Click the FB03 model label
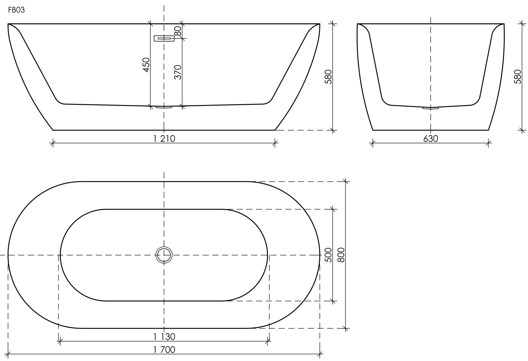click(16, 10)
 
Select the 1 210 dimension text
click(164, 138)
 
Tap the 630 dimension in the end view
click(430, 138)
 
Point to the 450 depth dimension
click(146, 65)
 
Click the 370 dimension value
click(178, 72)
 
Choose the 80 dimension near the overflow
click(178, 31)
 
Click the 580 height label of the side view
click(328, 77)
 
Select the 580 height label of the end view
click(517, 77)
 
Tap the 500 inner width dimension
click(328, 255)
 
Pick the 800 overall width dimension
click(341, 255)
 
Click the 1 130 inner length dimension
click(164, 337)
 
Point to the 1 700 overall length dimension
click(164, 350)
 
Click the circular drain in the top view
click(164, 255)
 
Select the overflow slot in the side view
click(164, 38)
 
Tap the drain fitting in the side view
click(164, 107)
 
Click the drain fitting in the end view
click(430, 108)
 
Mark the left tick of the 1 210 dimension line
click(53, 143)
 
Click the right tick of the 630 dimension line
click(488, 143)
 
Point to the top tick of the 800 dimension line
click(346, 182)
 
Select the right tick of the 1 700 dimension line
click(320, 354)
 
